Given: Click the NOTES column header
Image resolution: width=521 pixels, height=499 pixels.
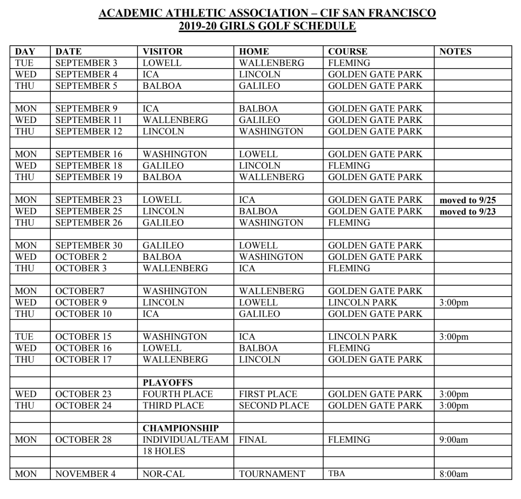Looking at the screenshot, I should (455, 51).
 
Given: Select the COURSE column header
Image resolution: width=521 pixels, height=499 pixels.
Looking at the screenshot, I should (347, 51).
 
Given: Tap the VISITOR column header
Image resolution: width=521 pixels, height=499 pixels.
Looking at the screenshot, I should (163, 51).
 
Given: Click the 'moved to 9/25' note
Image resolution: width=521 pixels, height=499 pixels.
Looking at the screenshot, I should (467, 200).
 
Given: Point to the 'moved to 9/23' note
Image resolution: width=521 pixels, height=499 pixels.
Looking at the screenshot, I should (467, 212).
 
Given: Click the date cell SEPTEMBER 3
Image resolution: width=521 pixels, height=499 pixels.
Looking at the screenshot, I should (86, 63).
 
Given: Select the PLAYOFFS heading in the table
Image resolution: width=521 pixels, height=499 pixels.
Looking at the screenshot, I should (168, 382).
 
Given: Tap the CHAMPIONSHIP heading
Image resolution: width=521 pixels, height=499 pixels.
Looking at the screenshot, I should (180, 428).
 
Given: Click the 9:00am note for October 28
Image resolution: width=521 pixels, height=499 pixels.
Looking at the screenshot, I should (453, 440).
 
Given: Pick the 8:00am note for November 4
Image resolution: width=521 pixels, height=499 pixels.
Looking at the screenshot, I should (453, 474).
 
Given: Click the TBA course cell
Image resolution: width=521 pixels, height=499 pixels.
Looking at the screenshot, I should (337, 474).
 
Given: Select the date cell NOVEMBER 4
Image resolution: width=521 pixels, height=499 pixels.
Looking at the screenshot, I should (85, 474).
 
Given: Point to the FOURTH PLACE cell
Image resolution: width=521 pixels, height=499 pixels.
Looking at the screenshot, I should (178, 394).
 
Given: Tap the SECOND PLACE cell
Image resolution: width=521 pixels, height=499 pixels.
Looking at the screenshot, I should (274, 405).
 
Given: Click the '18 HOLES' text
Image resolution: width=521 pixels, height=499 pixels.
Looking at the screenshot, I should (164, 451).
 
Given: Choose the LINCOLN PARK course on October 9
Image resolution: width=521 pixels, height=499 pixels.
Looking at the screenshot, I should (362, 302).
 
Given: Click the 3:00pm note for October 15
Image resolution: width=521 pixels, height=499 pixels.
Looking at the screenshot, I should (453, 337).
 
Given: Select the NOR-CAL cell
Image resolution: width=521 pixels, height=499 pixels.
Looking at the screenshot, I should (164, 474).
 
